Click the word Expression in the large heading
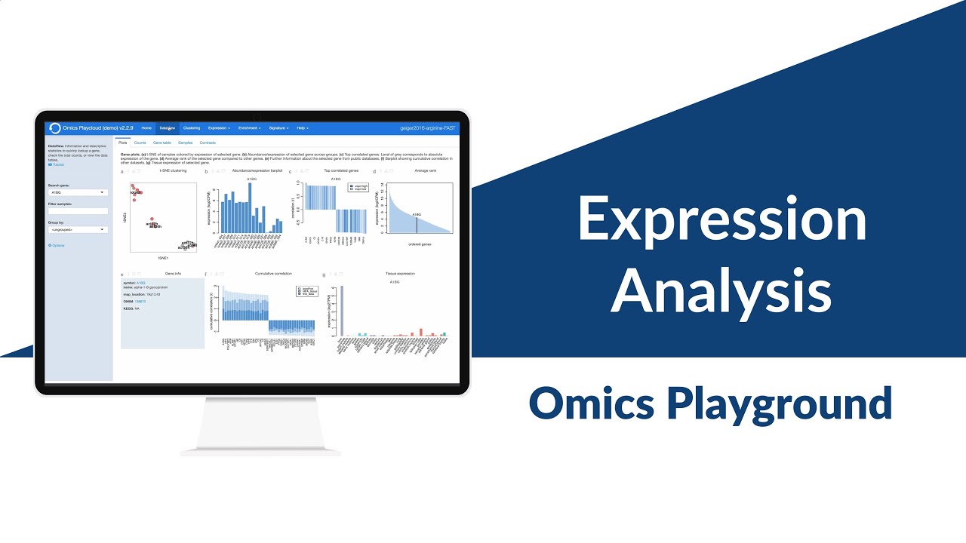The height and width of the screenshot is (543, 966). (721, 219)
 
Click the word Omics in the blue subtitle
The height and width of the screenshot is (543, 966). (592, 403)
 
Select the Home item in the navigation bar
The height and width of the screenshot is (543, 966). (146, 128)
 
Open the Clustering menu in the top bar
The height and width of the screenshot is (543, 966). (192, 128)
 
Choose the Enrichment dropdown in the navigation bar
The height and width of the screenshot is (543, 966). (249, 128)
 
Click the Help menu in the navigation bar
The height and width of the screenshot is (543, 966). (302, 128)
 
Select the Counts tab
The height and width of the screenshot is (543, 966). (140, 143)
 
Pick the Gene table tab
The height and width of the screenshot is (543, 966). (162, 143)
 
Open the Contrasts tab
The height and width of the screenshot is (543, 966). (208, 143)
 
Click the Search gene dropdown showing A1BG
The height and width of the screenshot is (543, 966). (78, 192)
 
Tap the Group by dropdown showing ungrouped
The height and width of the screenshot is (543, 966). (78, 229)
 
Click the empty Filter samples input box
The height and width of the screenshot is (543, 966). (78, 211)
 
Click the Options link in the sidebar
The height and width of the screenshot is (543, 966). (57, 245)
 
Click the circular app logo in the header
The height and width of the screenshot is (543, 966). (55, 128)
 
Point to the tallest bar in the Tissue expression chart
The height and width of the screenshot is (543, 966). (342, 310)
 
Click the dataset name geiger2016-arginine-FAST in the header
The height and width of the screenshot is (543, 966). (428, 128)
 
